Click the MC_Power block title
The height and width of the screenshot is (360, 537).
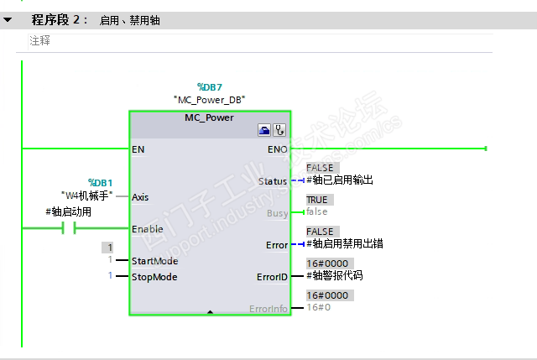[x=209, y=117]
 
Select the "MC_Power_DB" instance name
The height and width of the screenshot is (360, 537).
[x=209, y=99]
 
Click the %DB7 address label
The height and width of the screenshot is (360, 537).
[x=209, y=86]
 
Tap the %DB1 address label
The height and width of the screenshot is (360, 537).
[x=100, y=182]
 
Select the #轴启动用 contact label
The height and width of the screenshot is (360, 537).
[x=69, y=212]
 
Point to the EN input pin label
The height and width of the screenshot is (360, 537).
[x=138, y=149]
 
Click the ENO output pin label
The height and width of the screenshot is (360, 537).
[x=276, y=149]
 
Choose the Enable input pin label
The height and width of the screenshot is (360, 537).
[x=148, y=228]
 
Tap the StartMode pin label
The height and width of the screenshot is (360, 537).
[x=154, y=260]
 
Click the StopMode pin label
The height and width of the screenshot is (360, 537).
[x=154, y=276]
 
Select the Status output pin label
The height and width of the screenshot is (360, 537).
[x=273, y=180]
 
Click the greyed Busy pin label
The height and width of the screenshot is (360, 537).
[x=276, y=212]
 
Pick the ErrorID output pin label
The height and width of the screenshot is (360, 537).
[x=272, y=276]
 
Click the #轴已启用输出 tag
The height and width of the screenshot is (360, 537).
[x=339, y=180]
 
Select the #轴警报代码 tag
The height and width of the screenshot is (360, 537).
[x=334, y=276]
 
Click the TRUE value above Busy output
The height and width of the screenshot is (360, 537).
[x=317, y=200]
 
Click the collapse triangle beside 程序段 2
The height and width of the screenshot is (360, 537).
[x=8, y=19]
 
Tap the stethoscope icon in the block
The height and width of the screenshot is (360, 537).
[x=279, y=131]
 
